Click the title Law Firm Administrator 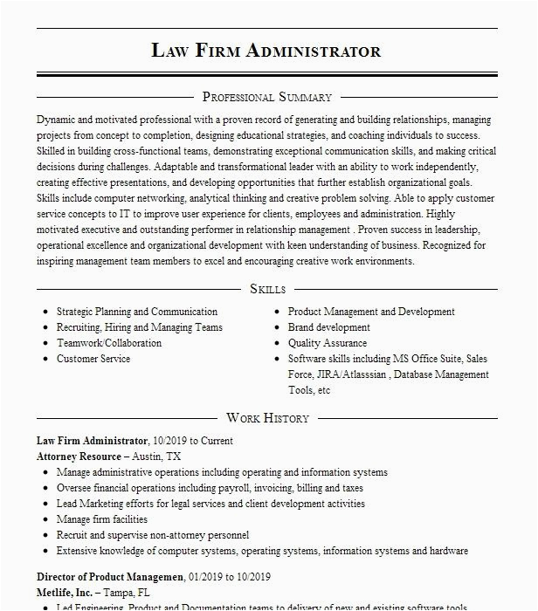tap(266, 50)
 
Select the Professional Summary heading tap(266, 97)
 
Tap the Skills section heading tap(267, 289)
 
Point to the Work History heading tap(267, 418)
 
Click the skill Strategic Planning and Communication tap(137, 312)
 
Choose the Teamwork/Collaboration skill tap(109, 343)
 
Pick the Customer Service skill tap(93, 359)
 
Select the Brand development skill tap(329, 327)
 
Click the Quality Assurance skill tap(328, 343)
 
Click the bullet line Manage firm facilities tap(102, 519)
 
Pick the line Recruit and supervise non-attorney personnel tap(153, 535)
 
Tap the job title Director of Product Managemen tap(110, 577)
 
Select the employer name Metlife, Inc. tap(65, 593)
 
